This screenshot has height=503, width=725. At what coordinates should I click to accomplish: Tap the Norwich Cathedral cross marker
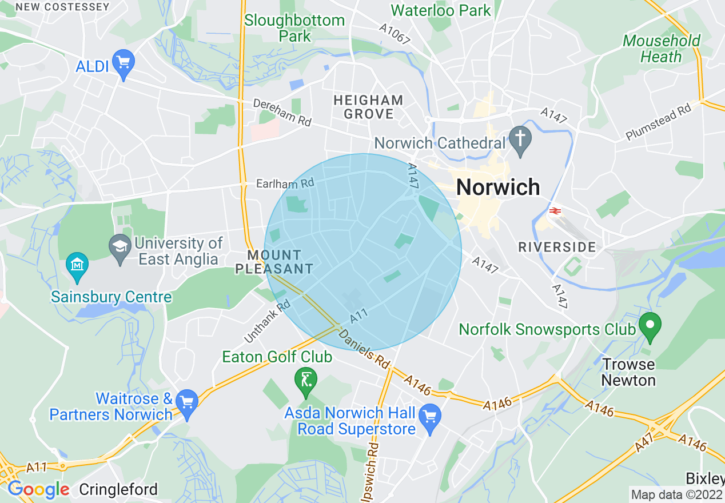520,139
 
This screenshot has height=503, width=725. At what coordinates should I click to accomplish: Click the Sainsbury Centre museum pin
77,265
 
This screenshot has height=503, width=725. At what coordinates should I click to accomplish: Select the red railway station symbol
554,211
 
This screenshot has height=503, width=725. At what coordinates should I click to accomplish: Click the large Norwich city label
498,187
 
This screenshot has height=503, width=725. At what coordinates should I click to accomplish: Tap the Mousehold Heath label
662,49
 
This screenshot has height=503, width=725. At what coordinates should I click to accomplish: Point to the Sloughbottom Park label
294,28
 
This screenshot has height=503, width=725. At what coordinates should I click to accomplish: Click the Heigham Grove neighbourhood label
369,107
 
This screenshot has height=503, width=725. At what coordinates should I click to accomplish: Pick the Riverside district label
557,247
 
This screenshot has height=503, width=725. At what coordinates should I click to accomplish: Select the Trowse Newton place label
628,372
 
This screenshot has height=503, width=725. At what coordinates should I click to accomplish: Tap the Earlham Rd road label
285,183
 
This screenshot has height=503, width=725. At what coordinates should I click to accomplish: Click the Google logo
38,489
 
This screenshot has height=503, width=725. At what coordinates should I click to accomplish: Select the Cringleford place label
118,489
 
